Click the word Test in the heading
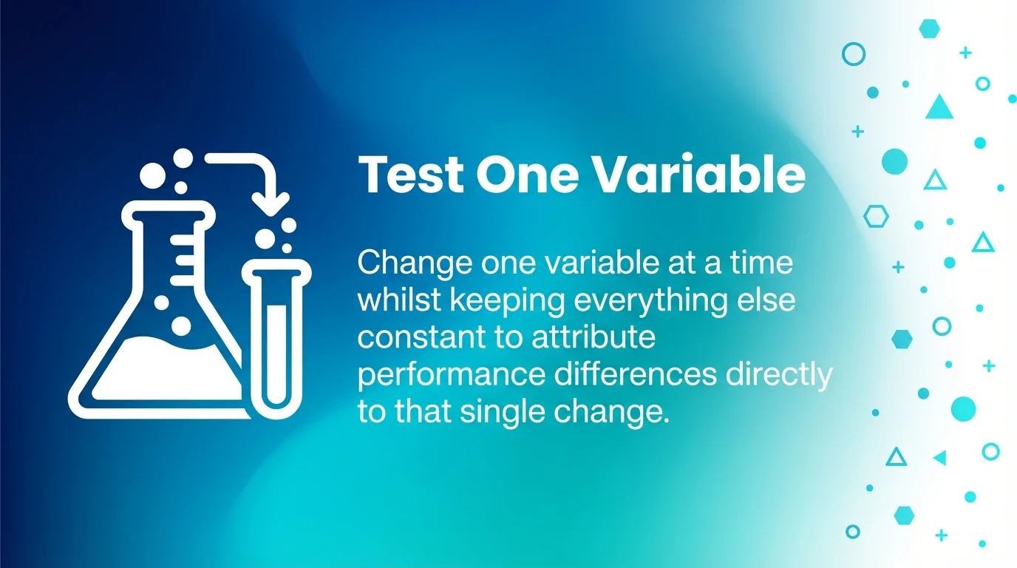coord(410,175)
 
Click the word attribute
coord(593,338)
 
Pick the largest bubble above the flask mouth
coord(154,175)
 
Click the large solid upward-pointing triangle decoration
coord(939,108)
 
